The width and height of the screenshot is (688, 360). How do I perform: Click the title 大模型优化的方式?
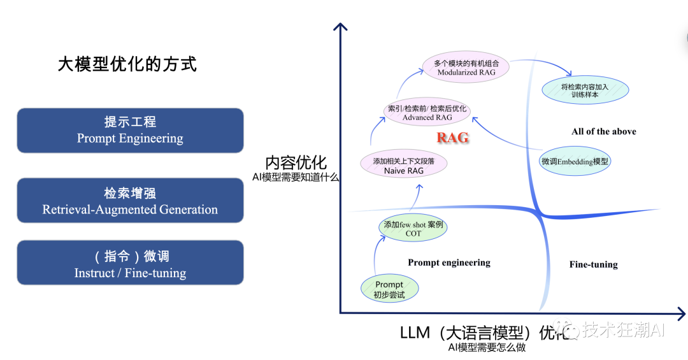127,64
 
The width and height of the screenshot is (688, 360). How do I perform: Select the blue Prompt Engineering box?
130,130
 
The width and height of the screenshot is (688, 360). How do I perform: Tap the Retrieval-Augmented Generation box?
130,201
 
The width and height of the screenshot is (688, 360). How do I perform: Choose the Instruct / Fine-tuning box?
130,264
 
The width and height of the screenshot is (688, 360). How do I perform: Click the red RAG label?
453,138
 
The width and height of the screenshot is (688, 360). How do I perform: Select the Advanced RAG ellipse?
427,113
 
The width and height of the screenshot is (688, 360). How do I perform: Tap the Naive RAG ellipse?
404,166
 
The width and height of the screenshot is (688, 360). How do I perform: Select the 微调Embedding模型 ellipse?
575,161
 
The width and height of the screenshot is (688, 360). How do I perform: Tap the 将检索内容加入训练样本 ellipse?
585,90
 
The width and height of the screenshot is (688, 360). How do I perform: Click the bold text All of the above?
604,131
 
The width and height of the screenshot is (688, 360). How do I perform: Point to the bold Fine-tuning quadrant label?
593,264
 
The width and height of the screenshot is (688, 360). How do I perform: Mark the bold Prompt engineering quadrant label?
449,263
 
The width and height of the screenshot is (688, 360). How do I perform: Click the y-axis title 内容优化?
296,162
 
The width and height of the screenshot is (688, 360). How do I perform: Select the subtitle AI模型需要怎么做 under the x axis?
487,347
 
